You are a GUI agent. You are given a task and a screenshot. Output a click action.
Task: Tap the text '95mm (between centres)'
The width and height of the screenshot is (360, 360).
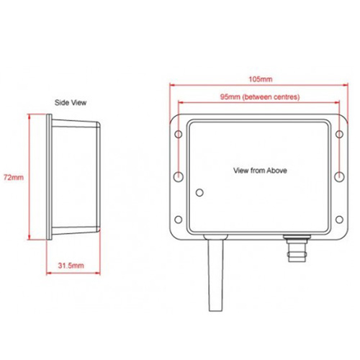pos(258,96)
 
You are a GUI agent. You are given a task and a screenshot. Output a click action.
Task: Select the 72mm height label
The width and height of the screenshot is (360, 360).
pos(13,176)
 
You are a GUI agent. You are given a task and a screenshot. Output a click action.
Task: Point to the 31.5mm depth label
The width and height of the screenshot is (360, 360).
pos(71,266)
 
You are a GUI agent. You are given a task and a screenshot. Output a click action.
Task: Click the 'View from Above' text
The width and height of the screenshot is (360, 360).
pos(260,171)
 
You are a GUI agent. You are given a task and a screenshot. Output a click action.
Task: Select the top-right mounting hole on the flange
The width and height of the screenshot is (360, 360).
pos(340,134)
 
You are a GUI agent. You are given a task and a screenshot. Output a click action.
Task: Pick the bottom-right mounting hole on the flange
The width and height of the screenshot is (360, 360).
pos(340,219)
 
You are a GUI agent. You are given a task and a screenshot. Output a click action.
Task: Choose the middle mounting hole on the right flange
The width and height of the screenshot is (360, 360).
pos(340,176)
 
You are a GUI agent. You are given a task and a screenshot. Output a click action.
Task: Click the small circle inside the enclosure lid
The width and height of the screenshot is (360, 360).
pos(200,192)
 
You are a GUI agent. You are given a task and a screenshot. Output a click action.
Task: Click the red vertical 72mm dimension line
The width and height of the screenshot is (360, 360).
pos(27,176)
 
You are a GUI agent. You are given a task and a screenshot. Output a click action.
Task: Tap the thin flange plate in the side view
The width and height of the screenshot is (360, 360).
pos(48,176)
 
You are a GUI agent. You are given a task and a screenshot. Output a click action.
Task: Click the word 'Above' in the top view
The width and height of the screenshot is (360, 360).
pos(276,171)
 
